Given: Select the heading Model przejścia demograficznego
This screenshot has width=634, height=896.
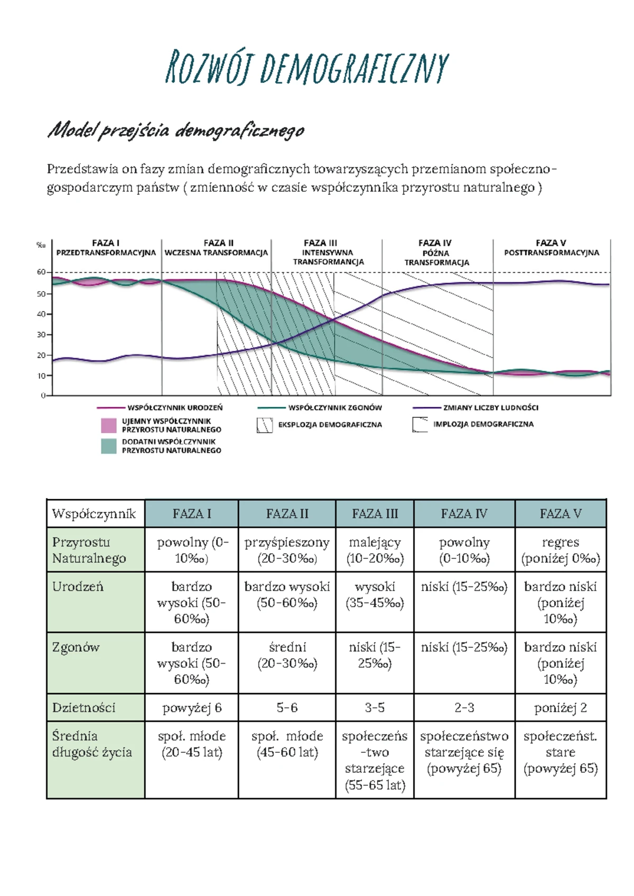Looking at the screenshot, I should pyautogui.click(x=176, y=130).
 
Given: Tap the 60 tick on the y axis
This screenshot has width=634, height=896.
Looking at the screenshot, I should pyautogui.click(x=41, y=272).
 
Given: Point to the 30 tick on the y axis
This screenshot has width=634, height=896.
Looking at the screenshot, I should pyautogui.click(x=41, y=334).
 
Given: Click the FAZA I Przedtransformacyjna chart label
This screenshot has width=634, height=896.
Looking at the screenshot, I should pyautogui.click(x=106, y=248).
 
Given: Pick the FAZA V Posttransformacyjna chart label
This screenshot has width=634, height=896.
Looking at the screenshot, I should pyautogui.click(x=551, y=248).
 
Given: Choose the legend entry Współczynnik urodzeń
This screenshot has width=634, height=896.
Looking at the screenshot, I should pyautogui.click(x=174, y=408).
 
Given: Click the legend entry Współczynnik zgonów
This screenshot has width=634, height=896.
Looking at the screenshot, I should pyautogui.click(x=334, y=408).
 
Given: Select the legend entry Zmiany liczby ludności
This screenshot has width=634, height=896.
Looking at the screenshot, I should pyautogui.click(x=490, y=408).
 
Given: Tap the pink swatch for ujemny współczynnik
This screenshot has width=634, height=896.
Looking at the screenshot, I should pyautogui.click(x=108, y=425).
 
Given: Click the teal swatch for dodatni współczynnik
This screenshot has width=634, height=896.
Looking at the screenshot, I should pyautogui.click(x=108, y=446).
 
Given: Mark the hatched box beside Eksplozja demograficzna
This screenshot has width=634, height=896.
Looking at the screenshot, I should pyautogui.click(x=264, y=425).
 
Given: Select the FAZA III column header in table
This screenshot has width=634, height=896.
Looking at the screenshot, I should pyautogui.click(x=375, y=514).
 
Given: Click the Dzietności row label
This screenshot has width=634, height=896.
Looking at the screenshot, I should pyautogui.click(x=83, y=708).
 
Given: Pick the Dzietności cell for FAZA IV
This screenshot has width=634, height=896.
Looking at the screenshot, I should pyautogui.click(x=464, y=708).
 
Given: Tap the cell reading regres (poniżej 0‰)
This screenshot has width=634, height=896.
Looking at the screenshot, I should pyautogui.click(x=561, y=550).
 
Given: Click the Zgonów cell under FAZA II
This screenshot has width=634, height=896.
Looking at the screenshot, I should pyautogui.click(x=287, y=655).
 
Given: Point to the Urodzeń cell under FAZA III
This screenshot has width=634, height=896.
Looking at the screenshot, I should pyautogui.click(x=375, y=595).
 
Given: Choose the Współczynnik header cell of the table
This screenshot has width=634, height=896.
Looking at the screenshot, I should pyautogui.click(x=94, y=514).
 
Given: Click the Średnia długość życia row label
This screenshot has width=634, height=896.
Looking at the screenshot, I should pyautogui.click(x=92, y=744).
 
